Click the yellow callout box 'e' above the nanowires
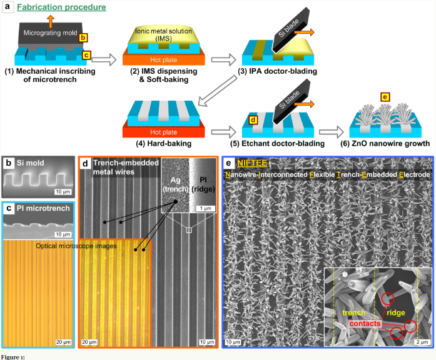click(385, 97)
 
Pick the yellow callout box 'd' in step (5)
click(253, 119)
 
